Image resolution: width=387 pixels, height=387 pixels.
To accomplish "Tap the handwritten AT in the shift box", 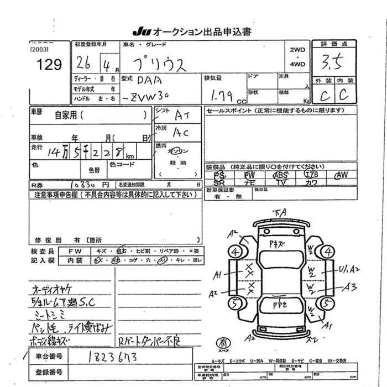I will point(181,115).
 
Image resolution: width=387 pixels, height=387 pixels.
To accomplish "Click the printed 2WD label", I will point(298,50).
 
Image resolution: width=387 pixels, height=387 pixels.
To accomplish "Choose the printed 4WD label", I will point(298,64).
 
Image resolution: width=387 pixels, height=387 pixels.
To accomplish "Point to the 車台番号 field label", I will point(48,357).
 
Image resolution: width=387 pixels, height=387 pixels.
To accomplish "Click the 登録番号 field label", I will point(48,372).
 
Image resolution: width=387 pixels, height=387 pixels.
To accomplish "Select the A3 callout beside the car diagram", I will point(349,286).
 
